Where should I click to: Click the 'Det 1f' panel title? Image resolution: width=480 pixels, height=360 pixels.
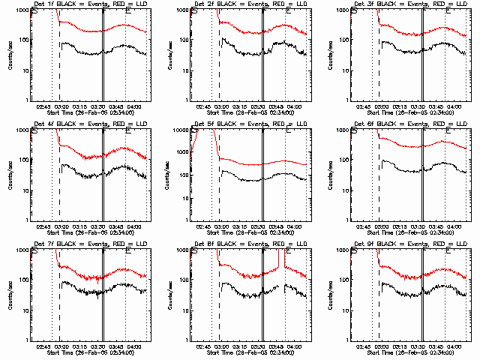[x=85, y=5]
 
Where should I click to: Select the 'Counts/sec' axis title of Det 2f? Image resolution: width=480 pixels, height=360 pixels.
[x=171, y=55]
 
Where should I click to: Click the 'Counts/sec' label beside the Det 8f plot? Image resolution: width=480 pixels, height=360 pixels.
[x=171, y=295]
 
